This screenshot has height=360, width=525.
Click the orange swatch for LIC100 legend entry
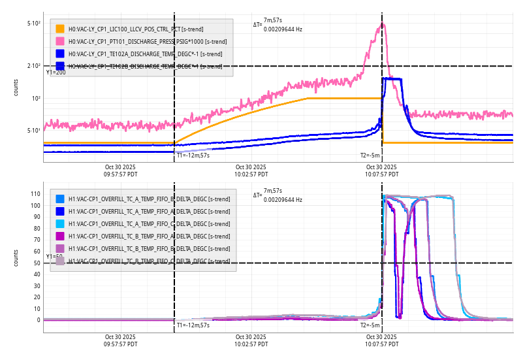(x=60, y=29)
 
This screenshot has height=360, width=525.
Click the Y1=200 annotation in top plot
(x=56, y=73)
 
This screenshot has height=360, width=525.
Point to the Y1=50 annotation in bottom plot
(x=55, y=257)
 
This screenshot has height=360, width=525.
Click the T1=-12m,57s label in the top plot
(x=193, y=155)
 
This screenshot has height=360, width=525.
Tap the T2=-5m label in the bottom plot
(x=370, y=325)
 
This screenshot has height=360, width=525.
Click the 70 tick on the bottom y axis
(x=37, y=240)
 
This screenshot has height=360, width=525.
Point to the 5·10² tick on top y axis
(x=34, y=24)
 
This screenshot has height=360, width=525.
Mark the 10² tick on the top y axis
(x=36, y=99)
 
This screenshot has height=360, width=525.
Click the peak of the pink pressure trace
(x=383, y=24)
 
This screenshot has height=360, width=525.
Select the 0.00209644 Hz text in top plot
(x=283, y=29)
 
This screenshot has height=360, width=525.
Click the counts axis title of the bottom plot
(x=16, y=257)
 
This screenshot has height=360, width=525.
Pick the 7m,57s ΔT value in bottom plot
(x=273, y=190)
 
